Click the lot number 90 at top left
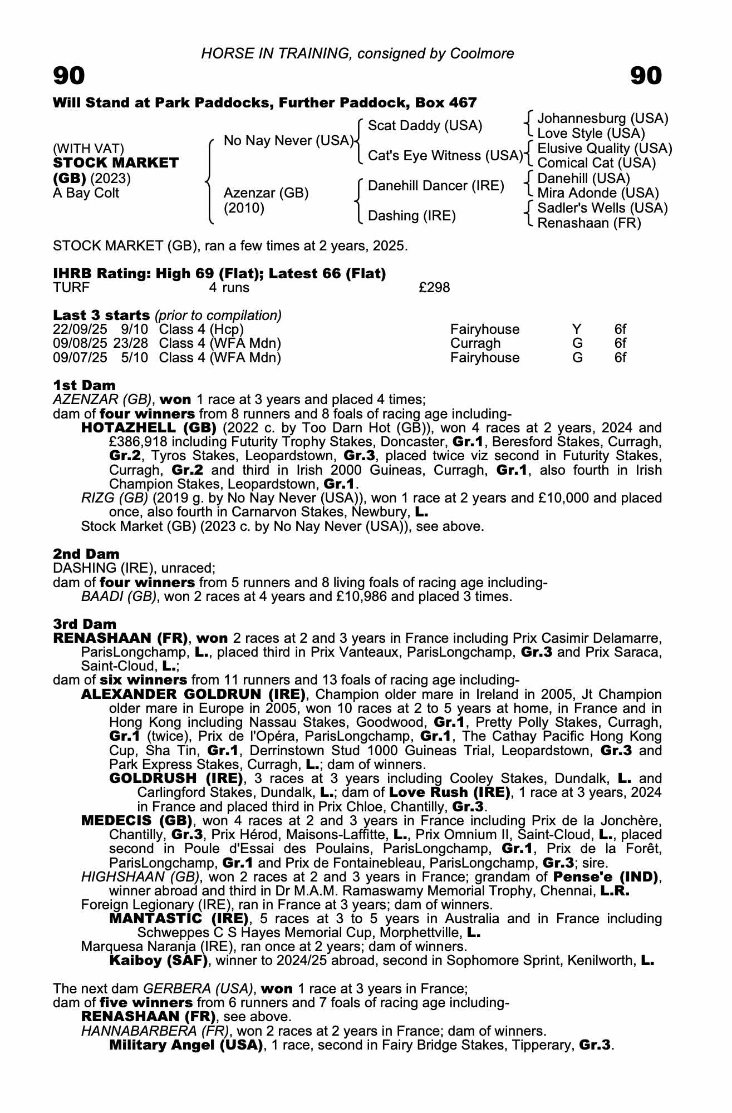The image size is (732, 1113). pos(69,76)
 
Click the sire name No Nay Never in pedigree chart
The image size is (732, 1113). pos(288,141)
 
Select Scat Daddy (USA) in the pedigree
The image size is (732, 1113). pos(425,126)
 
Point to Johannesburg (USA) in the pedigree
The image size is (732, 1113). pos(603,119)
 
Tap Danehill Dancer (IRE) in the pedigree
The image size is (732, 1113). pos(436,186)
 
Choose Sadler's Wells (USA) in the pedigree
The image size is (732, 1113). pos(602,208)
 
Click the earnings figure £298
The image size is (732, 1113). pos(434,288)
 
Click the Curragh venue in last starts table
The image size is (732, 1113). pos(475,343)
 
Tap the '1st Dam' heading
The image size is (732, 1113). pos(84,385)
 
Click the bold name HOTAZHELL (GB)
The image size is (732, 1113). pos(149,428)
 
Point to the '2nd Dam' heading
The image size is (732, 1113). pos(86,554)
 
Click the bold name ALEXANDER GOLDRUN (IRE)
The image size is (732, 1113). pos(193,695)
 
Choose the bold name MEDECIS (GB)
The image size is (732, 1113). pos(137,820)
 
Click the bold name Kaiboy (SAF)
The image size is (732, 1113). pos(159,960)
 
